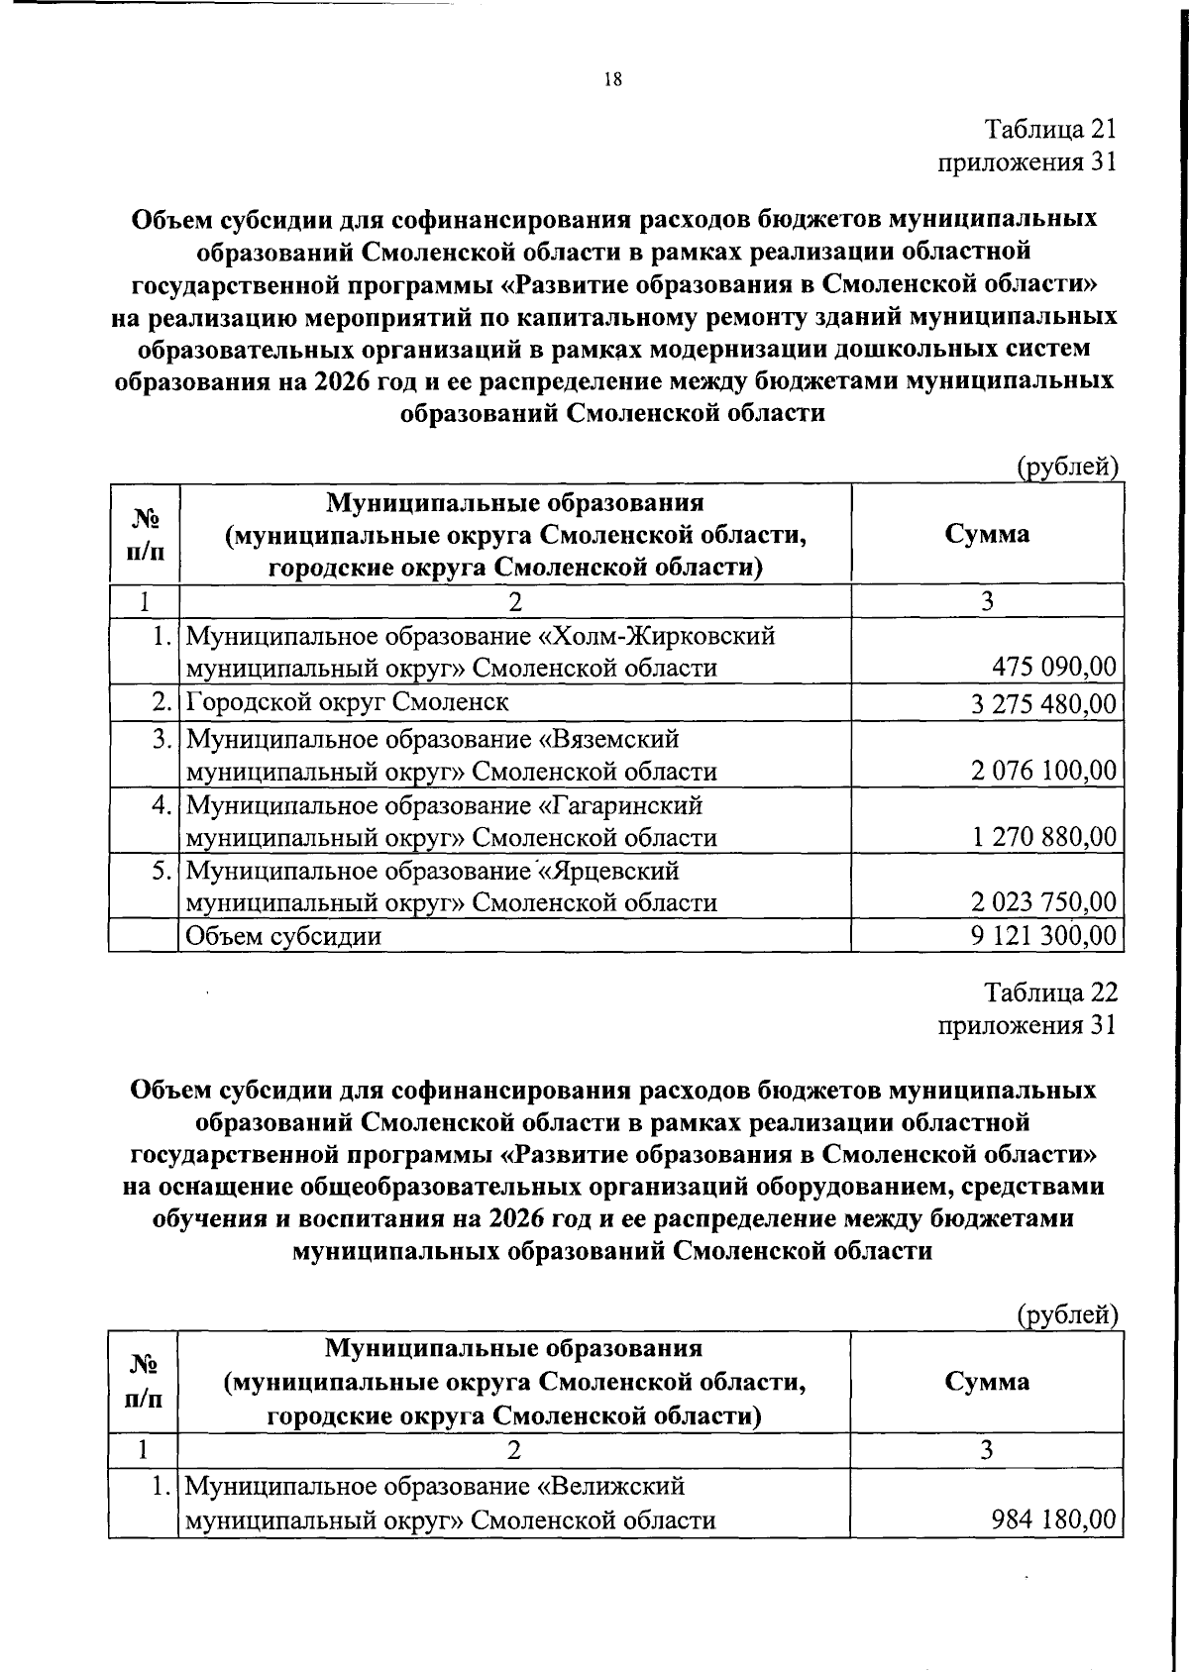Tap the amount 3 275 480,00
point(1043,704)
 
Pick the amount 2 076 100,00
point(1043,772)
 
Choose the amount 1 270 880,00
point(1044,837)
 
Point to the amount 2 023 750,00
point(1043,902)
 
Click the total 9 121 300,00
point(1043,936)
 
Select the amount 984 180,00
point(1054,1519)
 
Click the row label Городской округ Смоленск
point(348,702)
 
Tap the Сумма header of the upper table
point(987,534)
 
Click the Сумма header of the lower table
point(987,1381)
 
